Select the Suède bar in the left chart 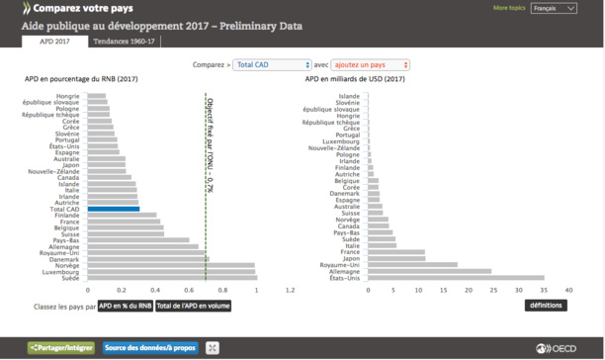[172, 278]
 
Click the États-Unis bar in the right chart [456, 278]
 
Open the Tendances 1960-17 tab [123, 42]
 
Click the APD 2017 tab [54, 42]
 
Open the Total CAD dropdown [273, 64]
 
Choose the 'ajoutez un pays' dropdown [371, 64]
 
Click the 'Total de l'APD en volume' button [194, 306]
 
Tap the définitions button [546, 306]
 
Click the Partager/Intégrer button [61, 347]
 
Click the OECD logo [561, 347]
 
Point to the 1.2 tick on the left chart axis [290, 291]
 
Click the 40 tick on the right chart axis [568, 291]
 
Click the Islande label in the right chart [349, 96]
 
